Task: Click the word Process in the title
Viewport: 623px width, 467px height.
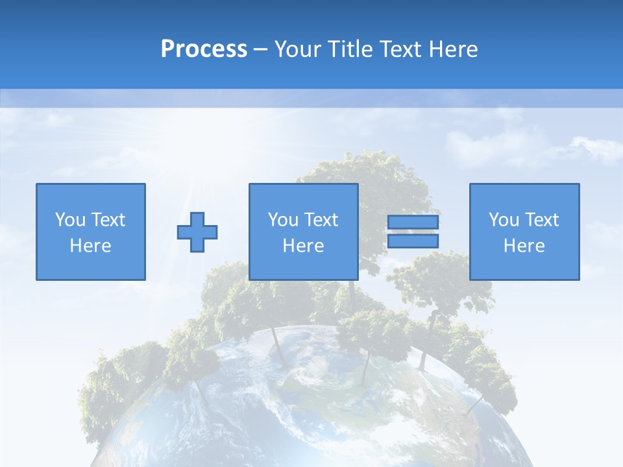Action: tap(204, 49)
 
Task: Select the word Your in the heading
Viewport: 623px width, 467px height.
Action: tap(299, 49)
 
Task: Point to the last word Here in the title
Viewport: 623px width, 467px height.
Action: tap(454, 49)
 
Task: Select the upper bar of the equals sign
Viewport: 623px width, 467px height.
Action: tap(413, 222)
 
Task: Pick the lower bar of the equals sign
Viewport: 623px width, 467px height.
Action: tap(413, 241)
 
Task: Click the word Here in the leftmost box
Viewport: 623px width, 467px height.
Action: tap(91, 246)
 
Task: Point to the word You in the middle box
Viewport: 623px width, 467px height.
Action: tap(283, 220)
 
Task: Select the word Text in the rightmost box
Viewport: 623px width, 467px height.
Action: tap(541, 220)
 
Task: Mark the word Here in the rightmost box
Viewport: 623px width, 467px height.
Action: tap(524, 246)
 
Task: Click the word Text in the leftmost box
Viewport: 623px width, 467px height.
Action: tap(108, 220)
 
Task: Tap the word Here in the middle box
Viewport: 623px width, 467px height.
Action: tap(304, 246)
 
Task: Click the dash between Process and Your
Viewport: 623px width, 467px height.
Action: tap(261, 49)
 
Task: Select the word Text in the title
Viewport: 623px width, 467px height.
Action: tap(401, 49)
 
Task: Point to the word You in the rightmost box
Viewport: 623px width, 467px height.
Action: tap(504, 220)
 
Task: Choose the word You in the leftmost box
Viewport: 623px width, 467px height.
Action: tap(70, 220)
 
